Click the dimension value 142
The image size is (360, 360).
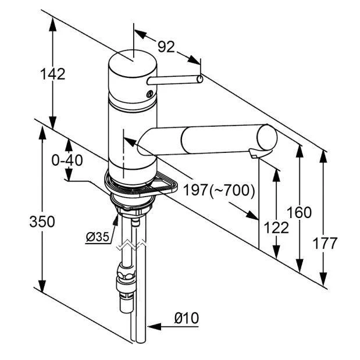[x=52, y=74]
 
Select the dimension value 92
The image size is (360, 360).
[x=166, y=47]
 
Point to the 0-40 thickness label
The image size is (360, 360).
[x=67, y=160]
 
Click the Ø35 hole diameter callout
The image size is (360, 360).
[x=97, y=237]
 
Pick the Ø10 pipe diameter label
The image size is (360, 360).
[x=186, y=318]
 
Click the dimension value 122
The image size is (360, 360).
[x=276, y=227]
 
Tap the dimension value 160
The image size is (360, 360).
[x=300, y=212]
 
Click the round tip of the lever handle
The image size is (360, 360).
[x=200, y=79]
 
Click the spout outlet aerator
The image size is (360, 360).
[x=254, y=154]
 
